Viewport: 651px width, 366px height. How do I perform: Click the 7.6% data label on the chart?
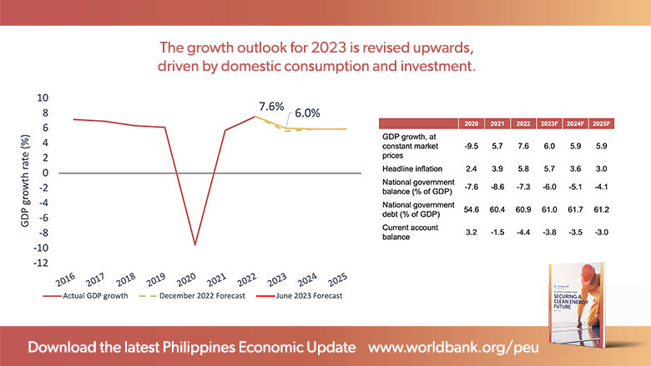(271, 107)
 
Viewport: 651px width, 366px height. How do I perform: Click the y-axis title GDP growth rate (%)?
(23, 180)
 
